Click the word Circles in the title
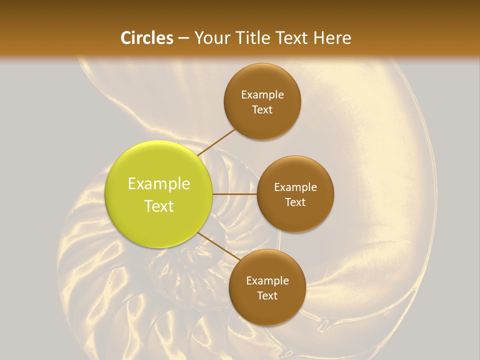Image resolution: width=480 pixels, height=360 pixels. coord(147,38)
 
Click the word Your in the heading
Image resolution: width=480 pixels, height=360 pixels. coord(212,38)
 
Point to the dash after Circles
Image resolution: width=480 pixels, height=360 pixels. coord(183,38)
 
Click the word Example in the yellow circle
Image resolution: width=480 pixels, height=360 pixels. coord(159,184)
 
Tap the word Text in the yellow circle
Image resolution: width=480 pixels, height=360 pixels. coord(159,206)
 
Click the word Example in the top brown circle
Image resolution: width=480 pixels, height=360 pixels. coord(262,95)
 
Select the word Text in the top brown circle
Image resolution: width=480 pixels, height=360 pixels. coord(262,110)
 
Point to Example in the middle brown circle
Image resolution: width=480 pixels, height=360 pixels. coord(295,187)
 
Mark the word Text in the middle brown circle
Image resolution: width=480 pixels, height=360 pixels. coord(295,202)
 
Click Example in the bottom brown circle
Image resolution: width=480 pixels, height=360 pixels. coord(267,281)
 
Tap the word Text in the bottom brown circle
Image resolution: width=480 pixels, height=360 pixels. coord(267,296)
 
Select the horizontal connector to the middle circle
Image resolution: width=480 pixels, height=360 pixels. coord(234,194)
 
